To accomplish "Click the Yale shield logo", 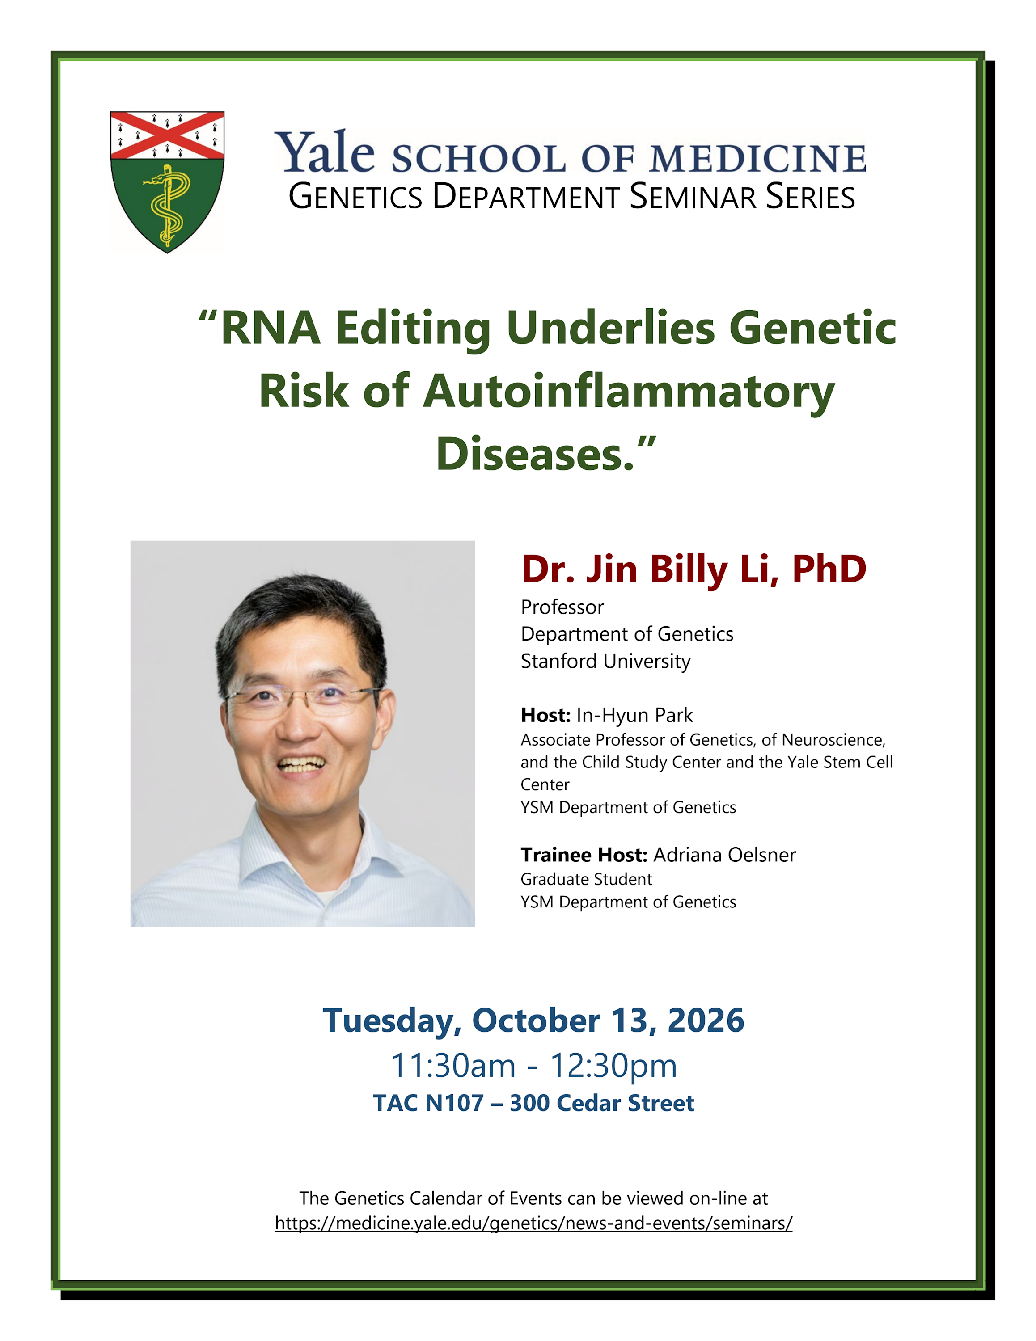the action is [167, 182].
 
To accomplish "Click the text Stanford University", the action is [605, 661].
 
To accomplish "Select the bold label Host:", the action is [546, 715].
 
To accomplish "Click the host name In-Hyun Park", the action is [634, 715].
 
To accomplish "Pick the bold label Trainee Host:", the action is [584, 855].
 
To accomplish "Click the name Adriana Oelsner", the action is [725, 855].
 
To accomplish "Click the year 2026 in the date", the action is [706, 1021].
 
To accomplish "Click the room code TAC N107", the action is [428, 1103].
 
